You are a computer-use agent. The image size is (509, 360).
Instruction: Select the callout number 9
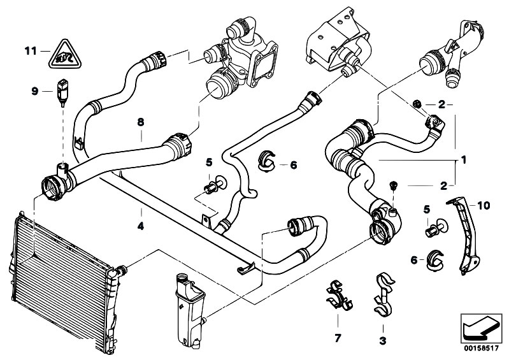click(36, 91)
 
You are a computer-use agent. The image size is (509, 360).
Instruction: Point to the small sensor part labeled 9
click(62, 89)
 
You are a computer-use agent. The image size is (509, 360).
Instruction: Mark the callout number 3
click(382, 341)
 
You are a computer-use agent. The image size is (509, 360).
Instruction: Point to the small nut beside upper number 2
click(417, 103)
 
